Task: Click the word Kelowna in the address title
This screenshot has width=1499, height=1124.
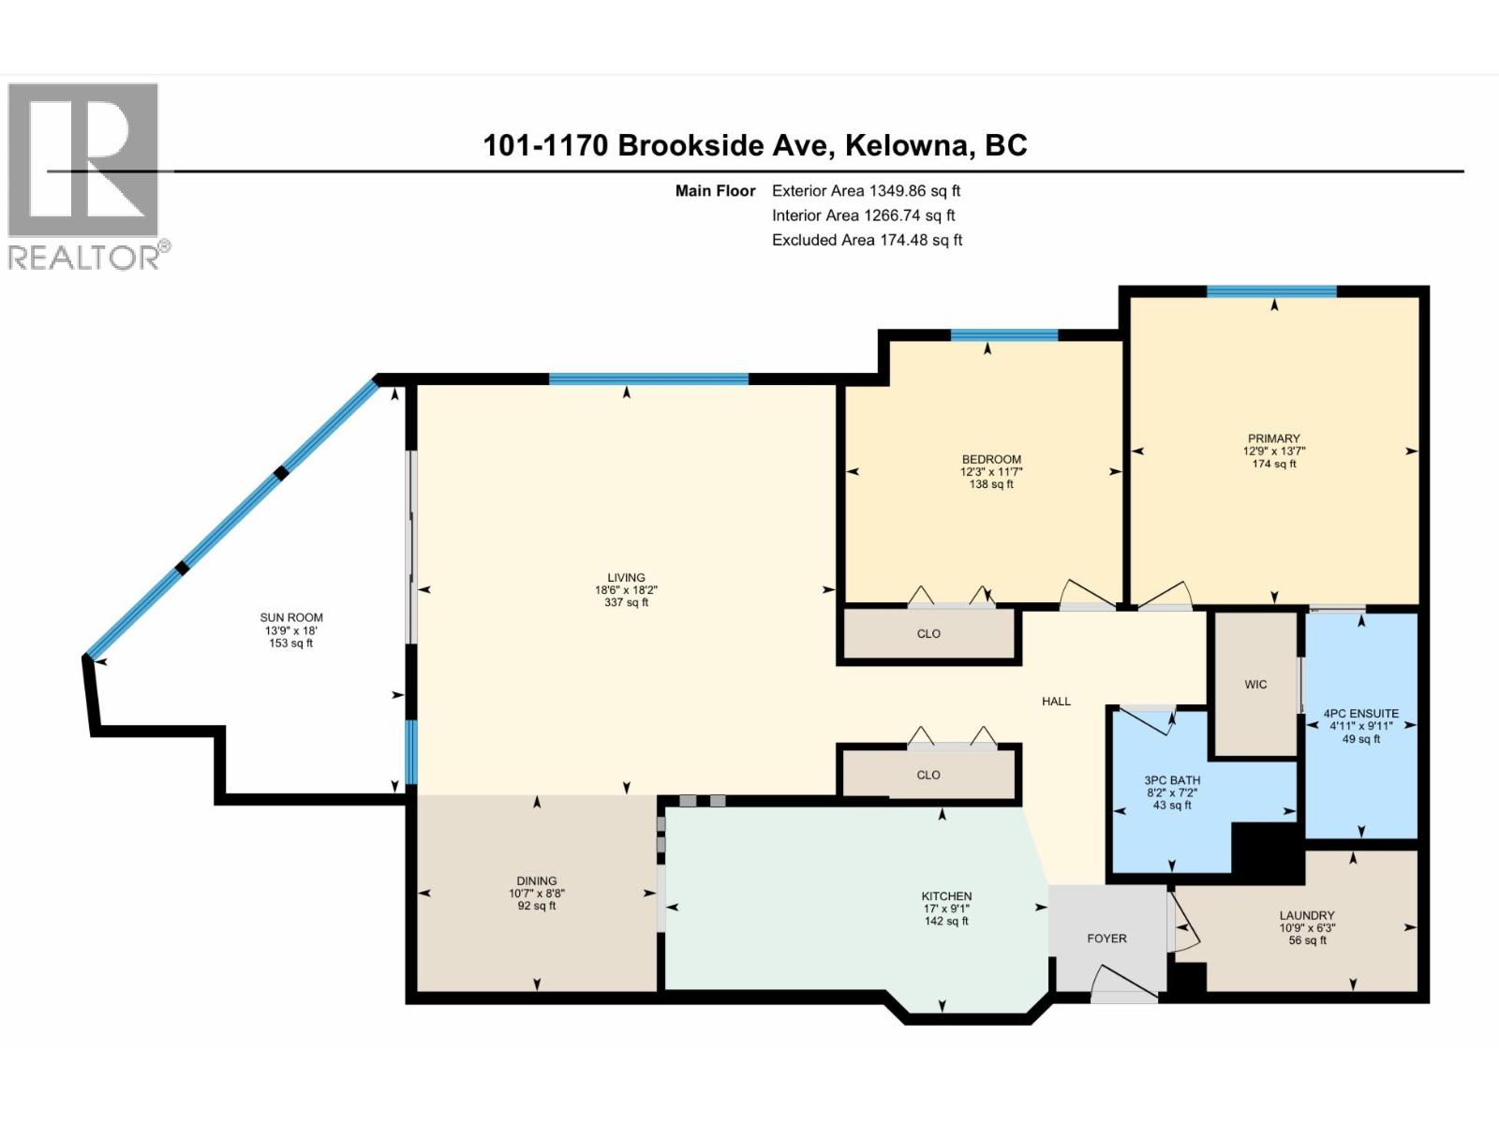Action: [x=907, y=145]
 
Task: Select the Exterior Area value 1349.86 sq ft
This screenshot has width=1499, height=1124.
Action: [x=914, y=190]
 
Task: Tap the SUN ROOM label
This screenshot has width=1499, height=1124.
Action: [x=291, y=617]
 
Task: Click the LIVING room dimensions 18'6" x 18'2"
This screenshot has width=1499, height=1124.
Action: [x=626, y=590]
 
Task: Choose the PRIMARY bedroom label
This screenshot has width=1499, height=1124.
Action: [x=1273, y=438]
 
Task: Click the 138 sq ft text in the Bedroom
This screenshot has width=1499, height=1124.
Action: [x=991, y=484]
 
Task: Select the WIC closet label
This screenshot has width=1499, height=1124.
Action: [x=1255, y=685]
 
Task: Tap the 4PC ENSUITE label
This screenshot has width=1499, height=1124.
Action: [x=1360, y=714]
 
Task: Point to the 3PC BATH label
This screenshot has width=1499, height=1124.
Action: [x=1172, y=780]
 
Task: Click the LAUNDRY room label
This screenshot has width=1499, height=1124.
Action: [x=1307, y=916]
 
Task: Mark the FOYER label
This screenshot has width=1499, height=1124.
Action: [x=1106, y=938]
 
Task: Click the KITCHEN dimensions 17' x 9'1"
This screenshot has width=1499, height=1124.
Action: [x=946, y=909]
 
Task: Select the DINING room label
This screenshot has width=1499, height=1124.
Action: [x=536, y=880]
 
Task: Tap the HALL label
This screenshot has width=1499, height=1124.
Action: [x=1056, y=701]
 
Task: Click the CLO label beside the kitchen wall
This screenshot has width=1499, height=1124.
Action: [x=928, y=775]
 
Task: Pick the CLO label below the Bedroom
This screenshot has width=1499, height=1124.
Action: [x=928, y=634]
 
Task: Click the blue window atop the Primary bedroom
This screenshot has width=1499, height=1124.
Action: [x=1271, y=291]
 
